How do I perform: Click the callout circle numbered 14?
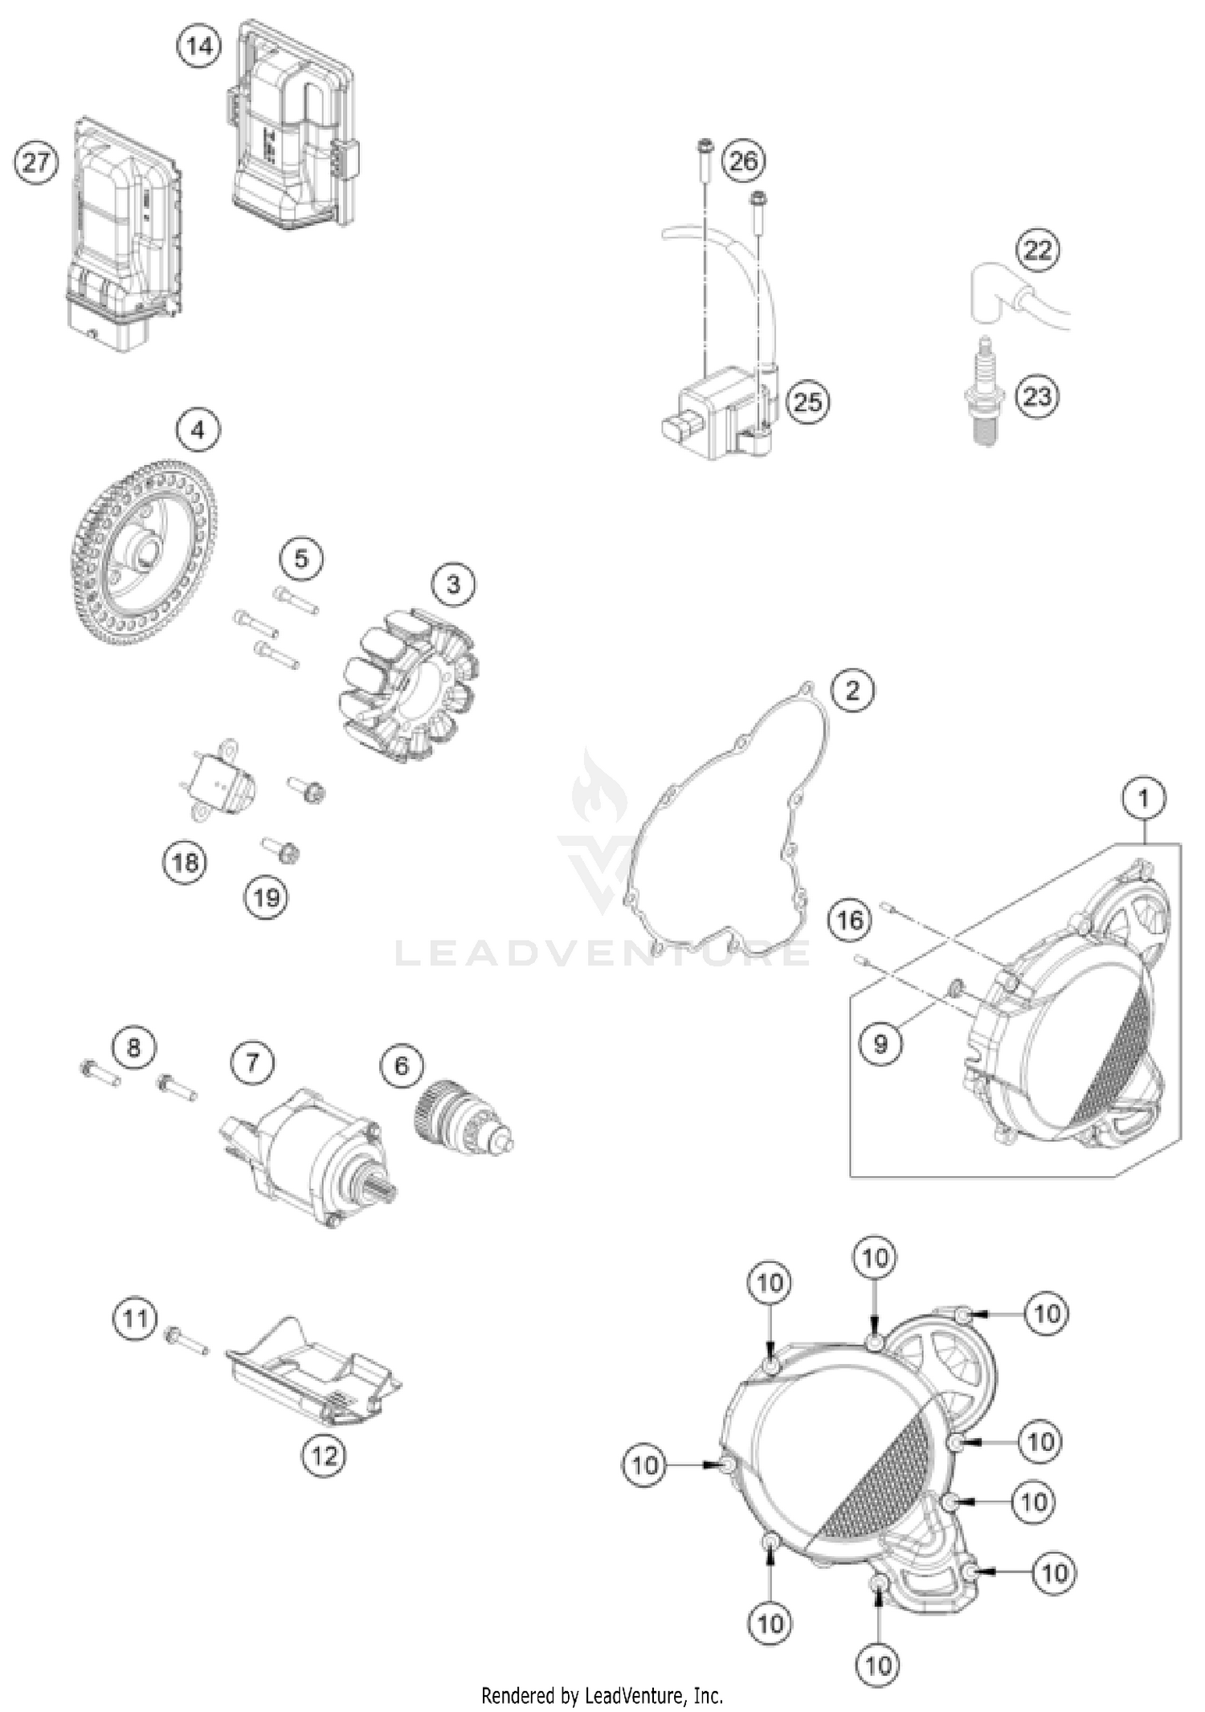tap(198, 46)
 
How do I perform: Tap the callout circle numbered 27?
tap(36, 163)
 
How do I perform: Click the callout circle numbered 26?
tap(742, 161)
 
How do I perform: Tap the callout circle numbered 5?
tap(301, 558)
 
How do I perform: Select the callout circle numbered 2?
tap(852, 690)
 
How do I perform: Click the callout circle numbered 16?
tap(850, 919)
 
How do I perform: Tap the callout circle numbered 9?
tap(880, 1043)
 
